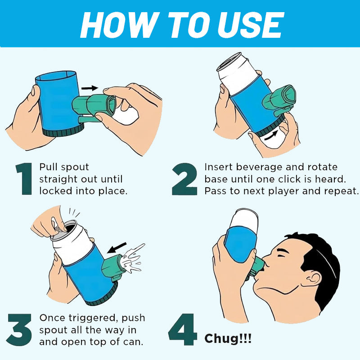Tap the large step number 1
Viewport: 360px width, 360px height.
point(24,179)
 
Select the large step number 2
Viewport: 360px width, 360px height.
point(184,179)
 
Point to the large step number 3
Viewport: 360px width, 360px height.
point(19,330)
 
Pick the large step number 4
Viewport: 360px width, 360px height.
point(183,330)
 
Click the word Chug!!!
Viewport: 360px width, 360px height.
point(228,339)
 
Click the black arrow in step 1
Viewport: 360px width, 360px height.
point(90,88)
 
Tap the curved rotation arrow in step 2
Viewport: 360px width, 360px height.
point(271,135)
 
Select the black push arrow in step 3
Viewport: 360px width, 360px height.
point(117,248)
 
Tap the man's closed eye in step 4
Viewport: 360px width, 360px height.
point(282,254)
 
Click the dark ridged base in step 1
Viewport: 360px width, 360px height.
point(63,130)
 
